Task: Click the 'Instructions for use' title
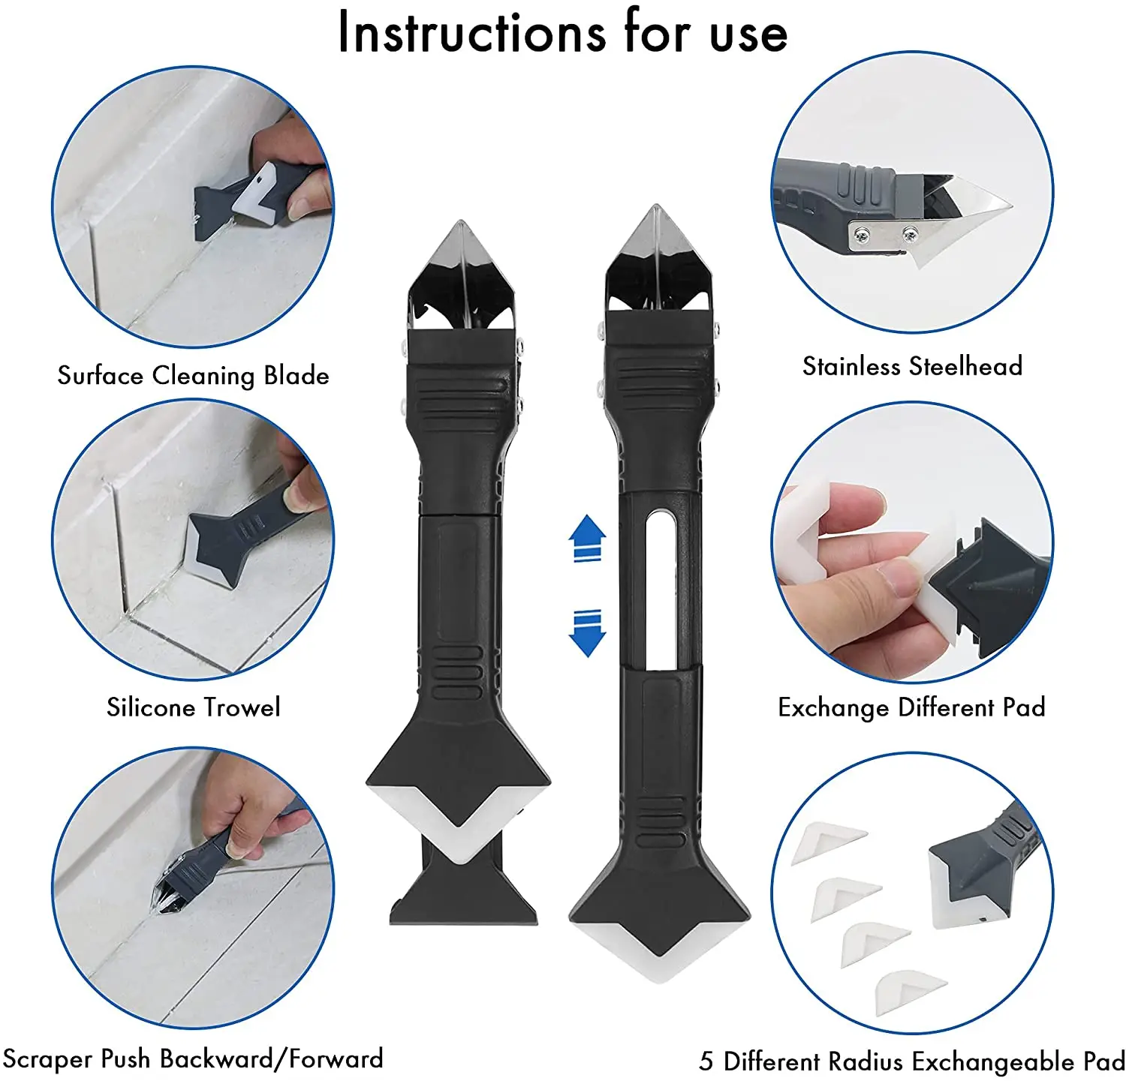point(563,33)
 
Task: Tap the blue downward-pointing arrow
point(587,633)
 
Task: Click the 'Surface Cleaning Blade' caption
point(193,375)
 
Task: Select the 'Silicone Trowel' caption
point(193,707)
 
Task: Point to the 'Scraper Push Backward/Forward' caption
point(193,1058)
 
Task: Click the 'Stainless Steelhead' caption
point(912,366)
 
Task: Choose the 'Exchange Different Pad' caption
point(911,707)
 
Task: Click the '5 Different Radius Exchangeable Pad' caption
point(911,1061)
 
